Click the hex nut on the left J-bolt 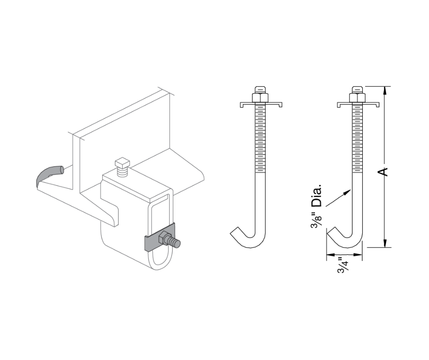pos(259,97)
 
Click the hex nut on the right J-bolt pos(356,97)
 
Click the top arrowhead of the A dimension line pos(385,90)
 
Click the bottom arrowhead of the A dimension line pos(385,243)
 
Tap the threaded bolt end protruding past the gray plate pos(176,243)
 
